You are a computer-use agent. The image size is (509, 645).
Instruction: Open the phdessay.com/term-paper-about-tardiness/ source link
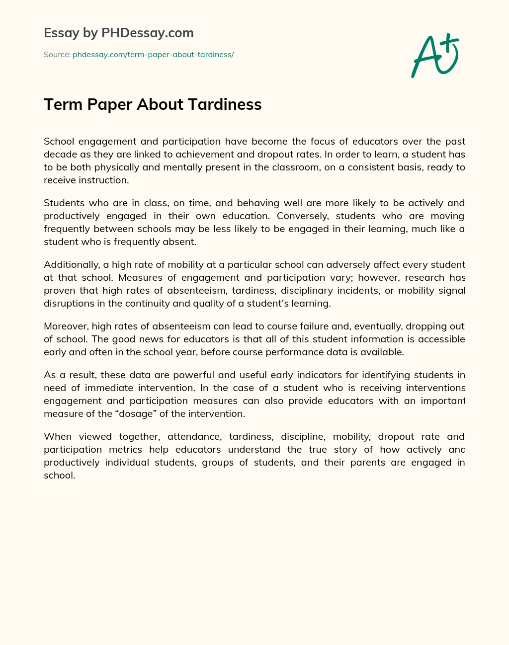tap(153, 55)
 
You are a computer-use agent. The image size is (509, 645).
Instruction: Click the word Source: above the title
tap(57, 55)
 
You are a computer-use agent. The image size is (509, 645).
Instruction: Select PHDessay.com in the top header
tap(147, 33)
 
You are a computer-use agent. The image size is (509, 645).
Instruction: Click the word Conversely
tap(303, 216)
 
